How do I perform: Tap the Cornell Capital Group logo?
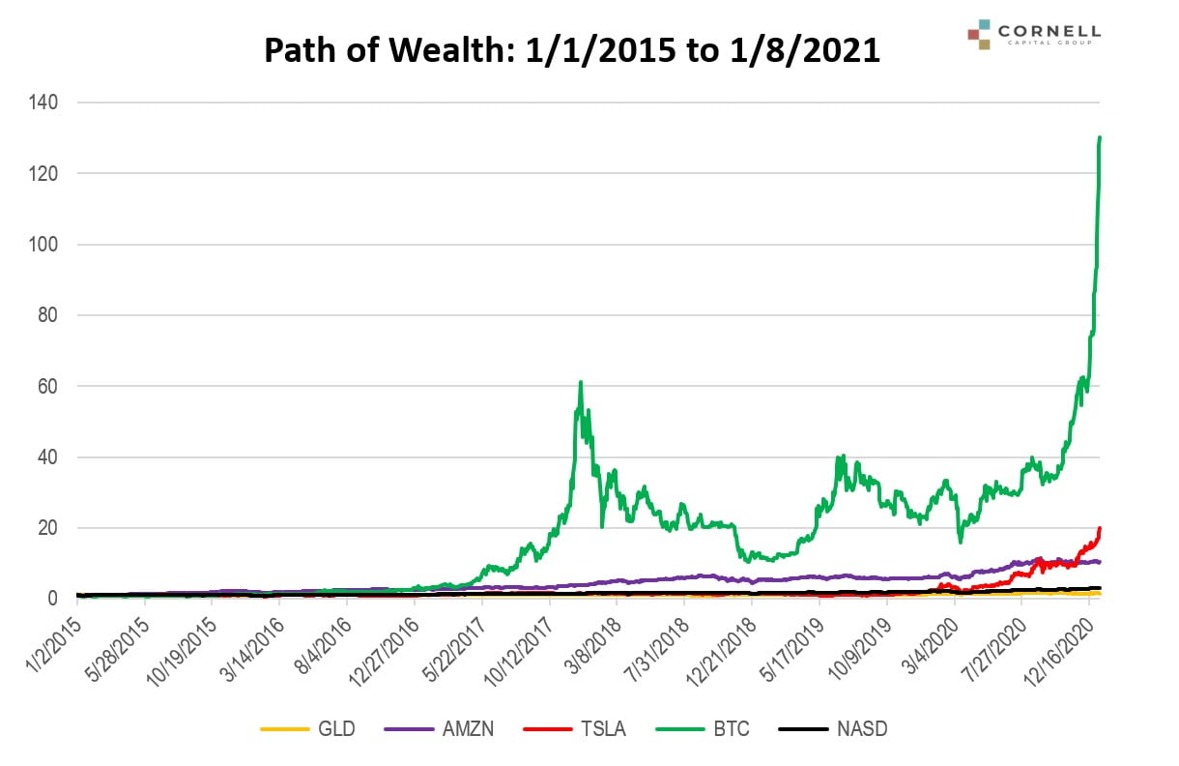click(x=1033, y=34)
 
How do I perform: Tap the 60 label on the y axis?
click(x=47, y=387)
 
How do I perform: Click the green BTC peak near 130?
click(x=1101, y=137)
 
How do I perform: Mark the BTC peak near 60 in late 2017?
click(x=580, y=382)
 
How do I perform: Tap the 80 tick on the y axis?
click(x=47, y=315)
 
